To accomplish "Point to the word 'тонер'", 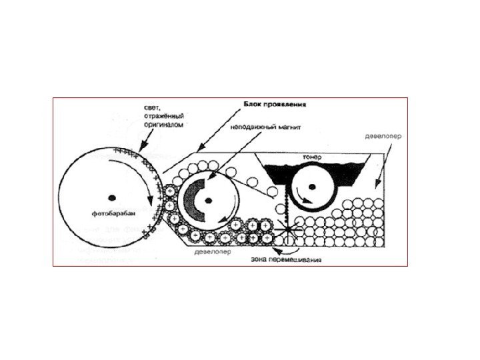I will click(312, 156).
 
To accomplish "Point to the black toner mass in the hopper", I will click(280, 175).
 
